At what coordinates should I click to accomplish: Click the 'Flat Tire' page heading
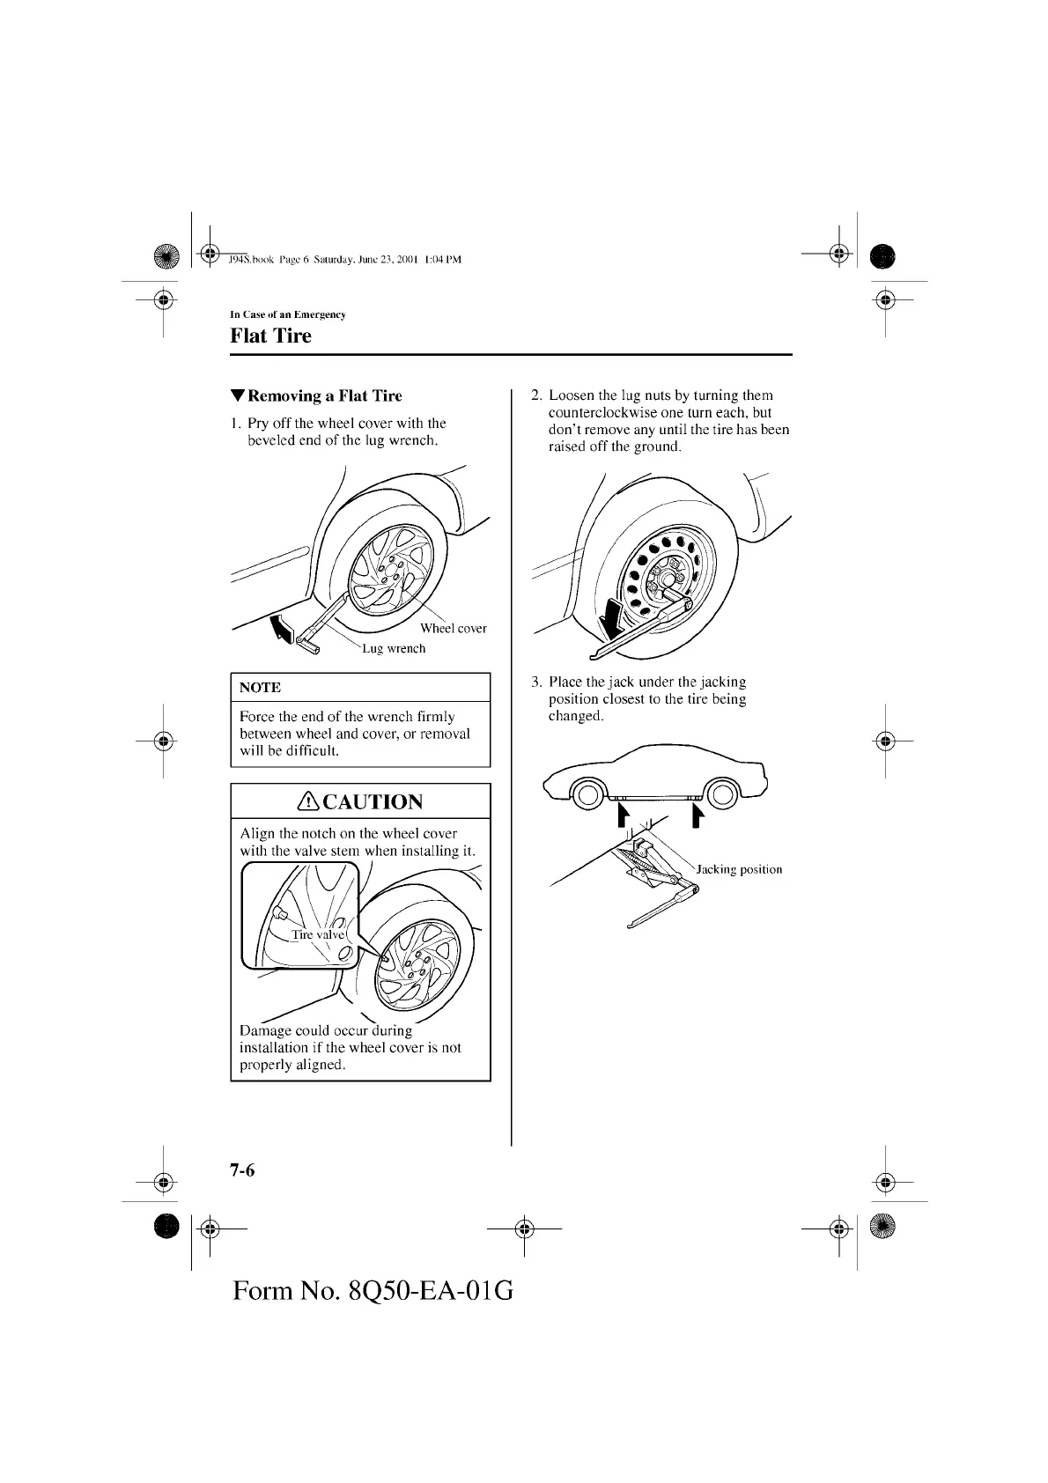(270, 336)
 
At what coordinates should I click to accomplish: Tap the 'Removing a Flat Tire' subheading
(324, 395)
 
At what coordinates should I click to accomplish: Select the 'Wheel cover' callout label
(453, 628)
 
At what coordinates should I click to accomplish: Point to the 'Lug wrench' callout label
(394, 648)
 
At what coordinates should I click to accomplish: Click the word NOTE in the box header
(260, 687)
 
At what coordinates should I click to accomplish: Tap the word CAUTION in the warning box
(373, 801)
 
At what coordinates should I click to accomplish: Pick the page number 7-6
(242, 1170)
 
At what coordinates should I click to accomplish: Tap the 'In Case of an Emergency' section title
(287, 314)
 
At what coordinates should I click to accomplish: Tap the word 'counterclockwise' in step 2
(598, 412)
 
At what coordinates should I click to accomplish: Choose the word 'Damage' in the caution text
(265, 1030)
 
